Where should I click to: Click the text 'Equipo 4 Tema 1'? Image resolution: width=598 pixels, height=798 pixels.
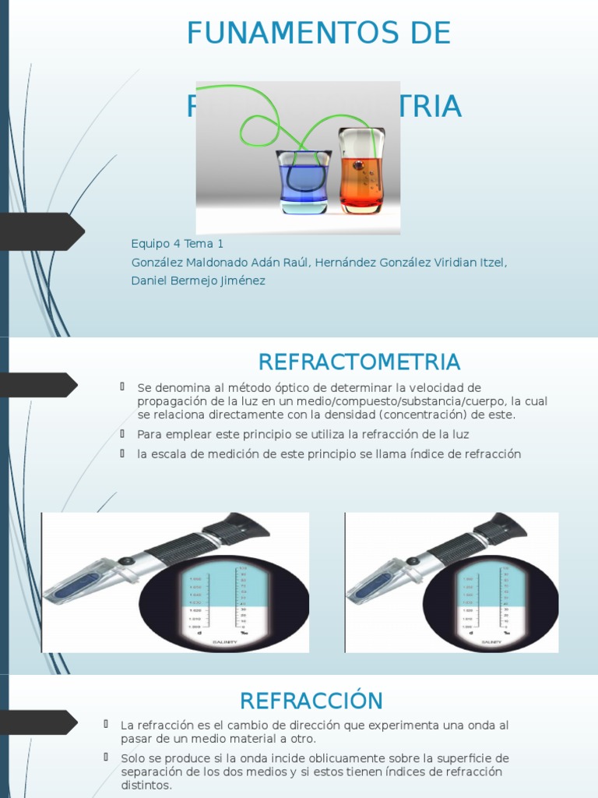(x=178, y=244)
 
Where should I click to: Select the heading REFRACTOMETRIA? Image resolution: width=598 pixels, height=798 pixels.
(x=359, y=362)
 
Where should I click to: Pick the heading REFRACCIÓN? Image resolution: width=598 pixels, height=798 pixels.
(x=311, y=701)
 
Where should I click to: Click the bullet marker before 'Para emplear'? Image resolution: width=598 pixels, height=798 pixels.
(x=123, y=433)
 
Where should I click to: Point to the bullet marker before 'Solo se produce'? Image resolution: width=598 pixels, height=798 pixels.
(x=106, y=757)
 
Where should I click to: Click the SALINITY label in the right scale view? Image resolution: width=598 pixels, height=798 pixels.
(x=492, y=641)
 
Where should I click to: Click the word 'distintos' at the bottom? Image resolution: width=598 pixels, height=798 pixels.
(x=146, y=785)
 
